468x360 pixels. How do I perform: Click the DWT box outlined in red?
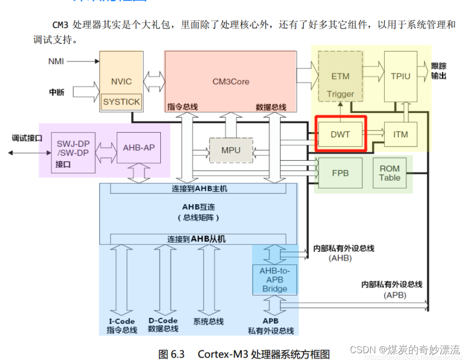pyautogui.click(x=340, y=134)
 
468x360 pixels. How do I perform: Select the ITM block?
pyautogui.click(x=400, y=134)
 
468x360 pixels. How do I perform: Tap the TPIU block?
pyautogui.click(x=400, y=76)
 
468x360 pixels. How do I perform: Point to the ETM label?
pyautogui.click(x=340, y=76)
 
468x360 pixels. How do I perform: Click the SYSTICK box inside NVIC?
pyautogui.click(x=121, y=102)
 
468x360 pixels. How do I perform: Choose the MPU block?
pyautogui.click(x=231, y=150)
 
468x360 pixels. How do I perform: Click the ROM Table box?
pyautogui.click(x=390, y=173)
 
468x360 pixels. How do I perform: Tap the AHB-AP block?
pyautogui.click(x=138, y=147)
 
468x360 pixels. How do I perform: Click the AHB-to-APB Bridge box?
pyautogui.click(x=275, y=279)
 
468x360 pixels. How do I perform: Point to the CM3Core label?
pyautogui.click(x=231, y=81)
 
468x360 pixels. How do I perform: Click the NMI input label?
pyautogui.click(x=56, y=61)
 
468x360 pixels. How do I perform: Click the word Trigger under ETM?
pyautogui.click(x=340, y=94)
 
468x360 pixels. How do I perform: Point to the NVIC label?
pyautogui.click(x=121, y=81)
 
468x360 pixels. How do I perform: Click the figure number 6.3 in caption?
pyautogui.click(x=178, y=354)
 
